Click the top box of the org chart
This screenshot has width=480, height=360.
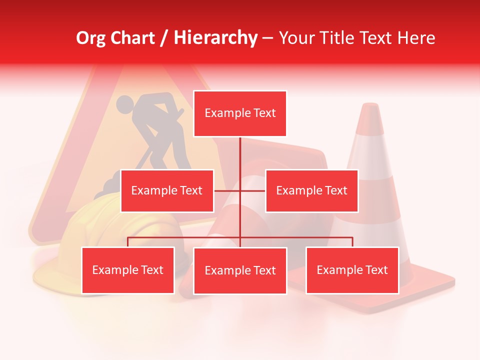[x=240, y=113]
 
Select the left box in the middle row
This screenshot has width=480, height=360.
[x=167, y=190]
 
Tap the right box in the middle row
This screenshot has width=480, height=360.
[x=311, y=190]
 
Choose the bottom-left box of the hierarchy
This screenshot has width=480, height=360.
[x=128, y=270]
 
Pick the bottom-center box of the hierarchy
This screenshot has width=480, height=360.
[x=240, y=270]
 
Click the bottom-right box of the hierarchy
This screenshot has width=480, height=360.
[x=352, y=270]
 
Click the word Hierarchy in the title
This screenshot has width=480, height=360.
[x=215, y=38]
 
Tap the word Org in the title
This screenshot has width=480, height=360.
[x=90, y=38]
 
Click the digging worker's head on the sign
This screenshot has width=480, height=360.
[x=125, y=104]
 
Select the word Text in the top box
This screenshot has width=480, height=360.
[x=264, y=113]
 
